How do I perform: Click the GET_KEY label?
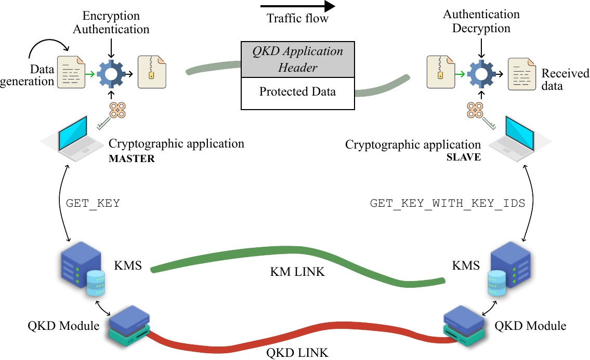(93, 203)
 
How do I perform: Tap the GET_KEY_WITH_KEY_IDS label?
(448, 203)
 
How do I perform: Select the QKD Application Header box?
(297, 60)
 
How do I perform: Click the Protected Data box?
(297, 92)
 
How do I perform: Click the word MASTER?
(132, 158)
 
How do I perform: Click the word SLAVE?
(464, 157)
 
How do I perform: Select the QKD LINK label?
(297, 353)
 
